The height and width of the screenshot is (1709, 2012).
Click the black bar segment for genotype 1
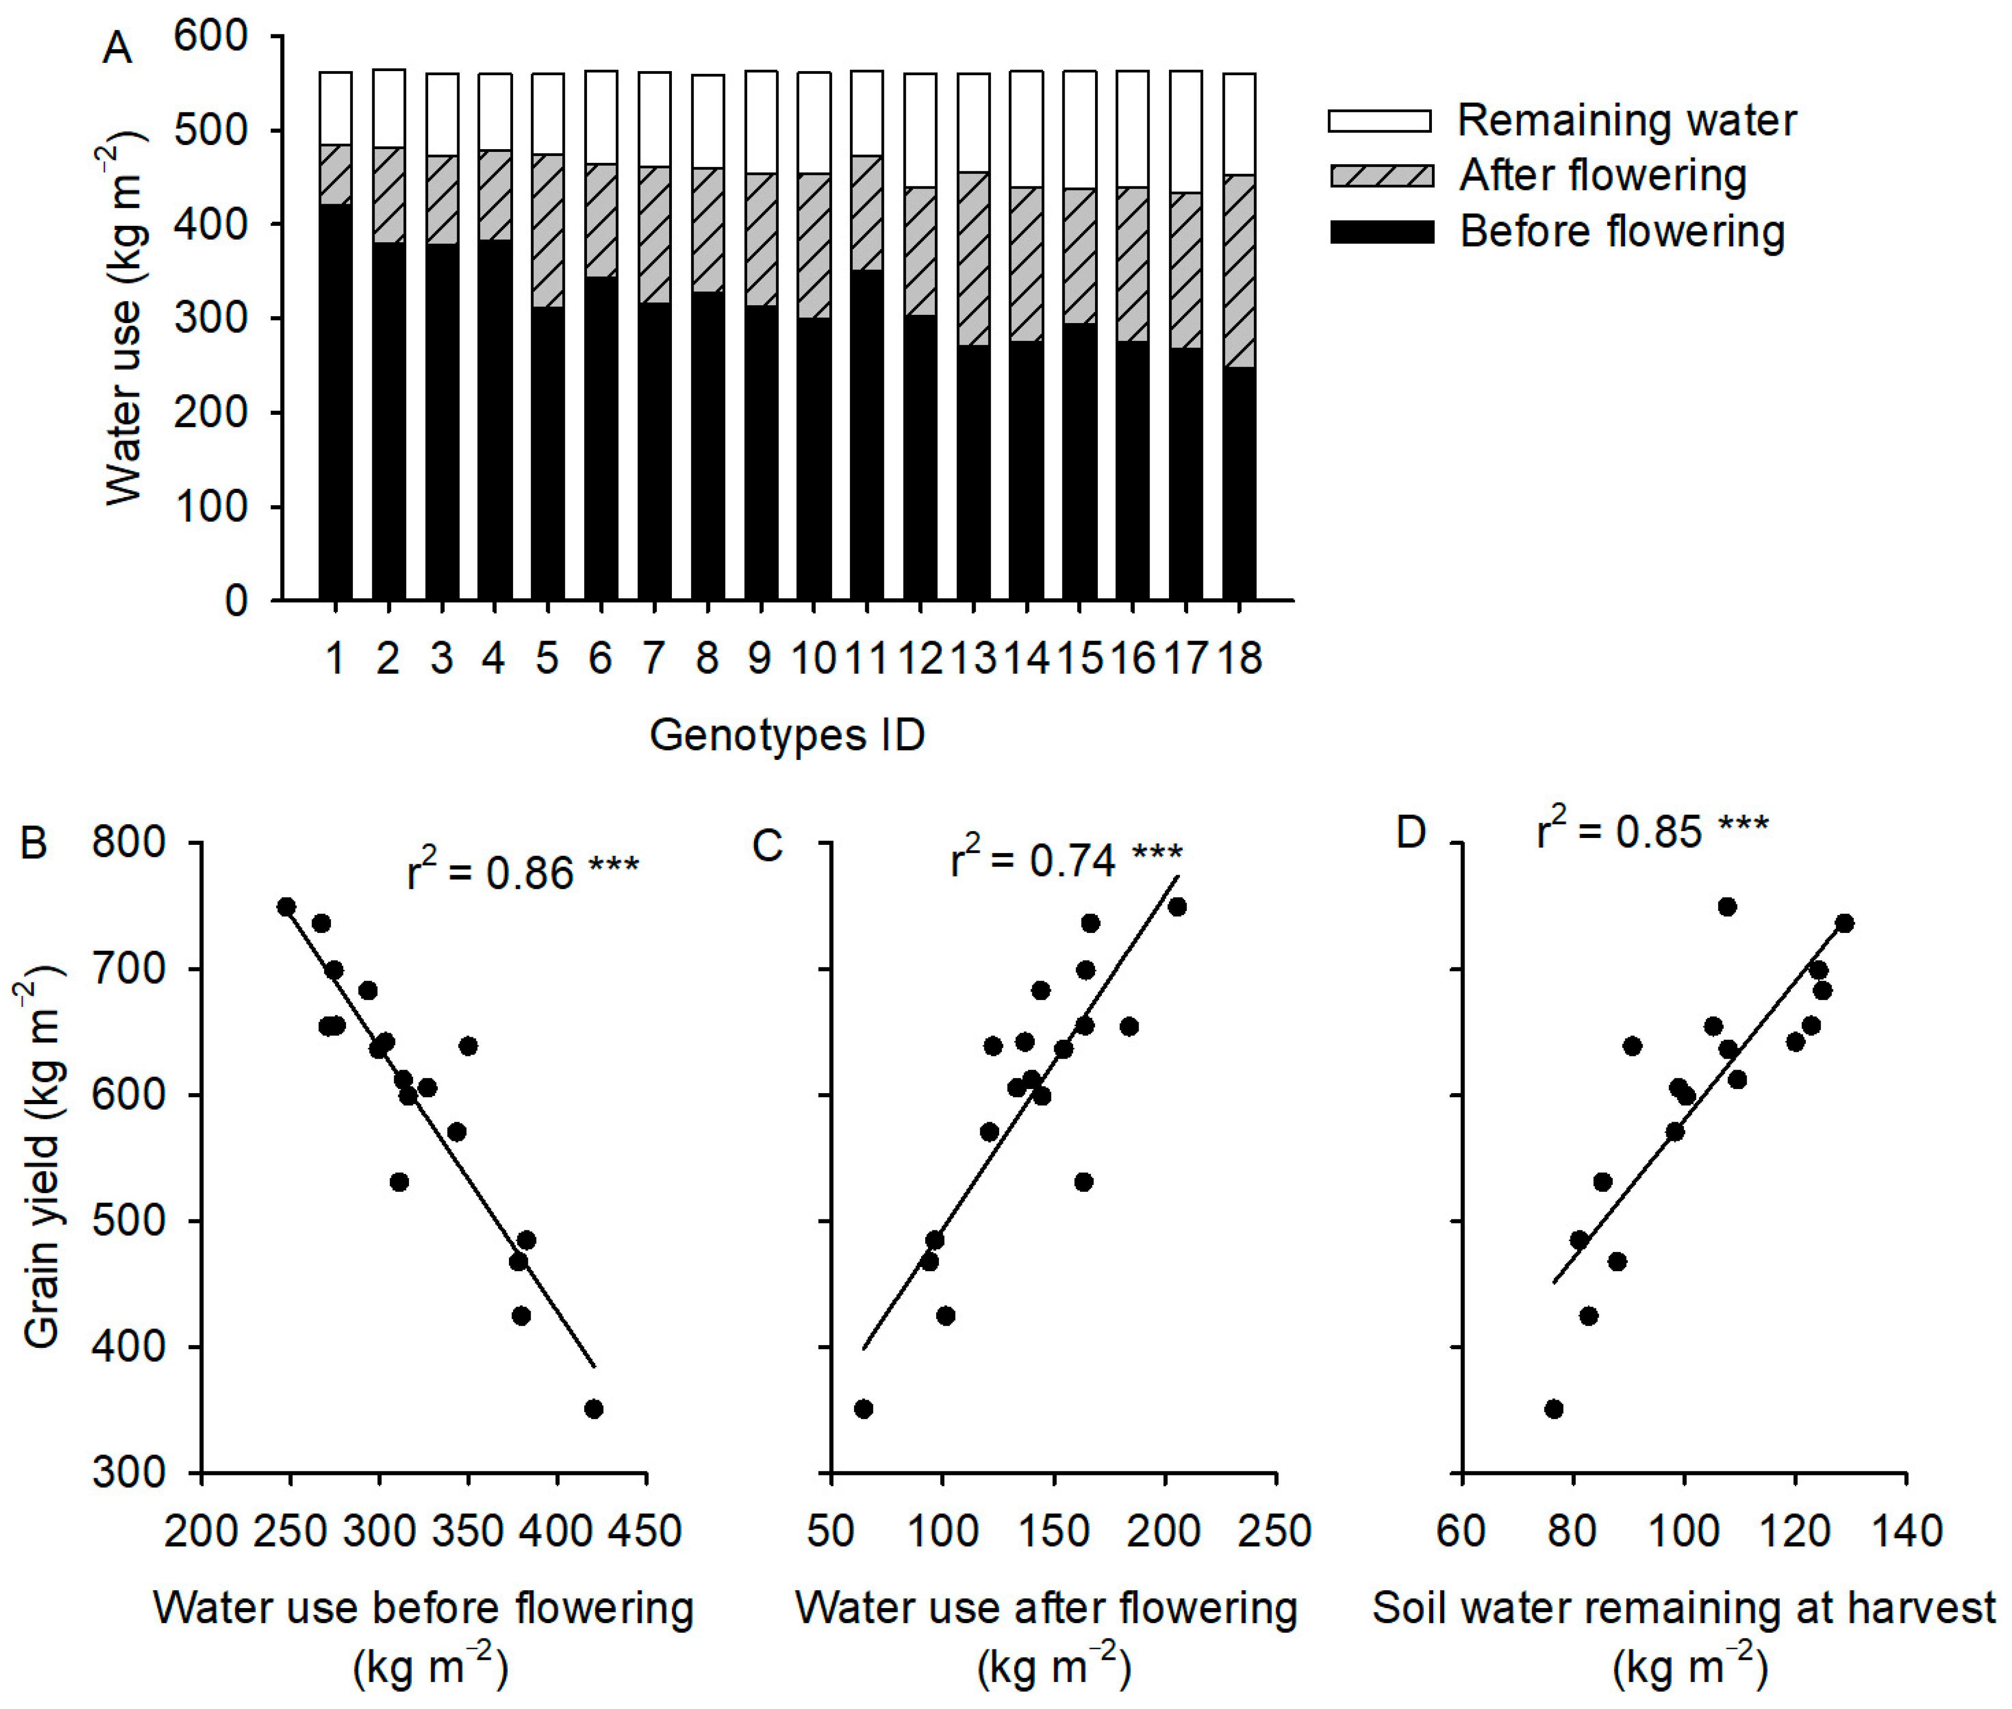[x=335, y=402]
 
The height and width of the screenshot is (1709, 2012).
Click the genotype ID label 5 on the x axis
[x=548, y=659]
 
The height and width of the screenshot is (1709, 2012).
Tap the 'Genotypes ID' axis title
[x=787, y=734]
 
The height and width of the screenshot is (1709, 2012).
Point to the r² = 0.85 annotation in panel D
[x=1652, y=828]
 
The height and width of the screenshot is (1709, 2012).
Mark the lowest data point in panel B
[x=594, y=1409]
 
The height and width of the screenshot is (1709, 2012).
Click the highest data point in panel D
[x=1726, y=907]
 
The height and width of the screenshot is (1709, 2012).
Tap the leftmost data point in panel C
[x=863, y=1409]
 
